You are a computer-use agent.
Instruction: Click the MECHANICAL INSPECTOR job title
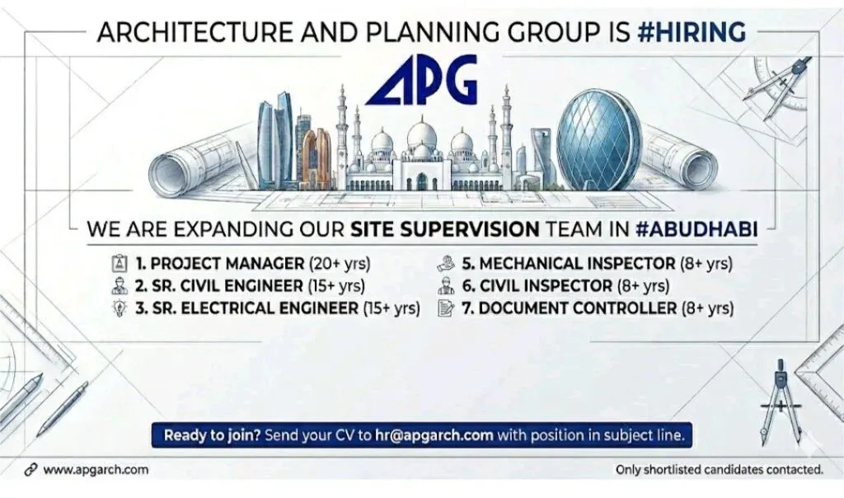tap(577, 265)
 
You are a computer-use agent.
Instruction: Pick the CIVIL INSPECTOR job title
tap(546, 287)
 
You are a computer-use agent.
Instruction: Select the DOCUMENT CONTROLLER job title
tap(579, 309)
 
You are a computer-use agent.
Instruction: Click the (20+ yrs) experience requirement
tap(340, 265)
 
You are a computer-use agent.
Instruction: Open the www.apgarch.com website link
tap(96, 470)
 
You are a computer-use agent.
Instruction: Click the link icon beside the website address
tap(31, 470)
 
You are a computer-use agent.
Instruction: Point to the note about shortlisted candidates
tap(720, 471)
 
